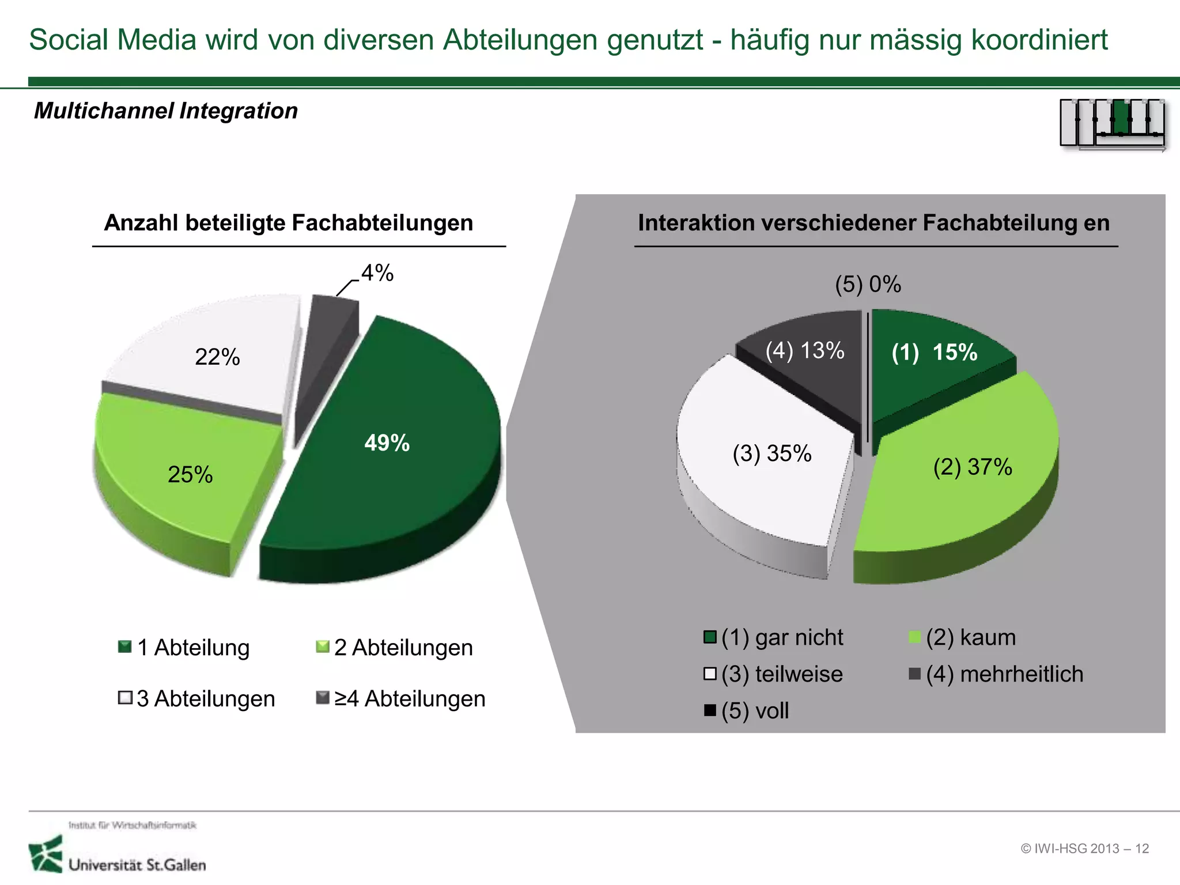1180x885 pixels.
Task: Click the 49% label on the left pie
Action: (387, 443)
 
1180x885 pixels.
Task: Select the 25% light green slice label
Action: (190, 475)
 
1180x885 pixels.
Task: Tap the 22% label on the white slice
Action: (217, 357)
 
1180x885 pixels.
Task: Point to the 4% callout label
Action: (377, 273)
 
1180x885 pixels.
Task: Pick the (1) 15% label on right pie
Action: (934, 352)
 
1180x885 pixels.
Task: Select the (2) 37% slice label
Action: (972, 467)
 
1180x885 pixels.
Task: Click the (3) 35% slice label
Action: (771, 453)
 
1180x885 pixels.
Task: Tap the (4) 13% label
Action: (804, 350)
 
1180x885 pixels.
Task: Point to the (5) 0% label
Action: (868, 284)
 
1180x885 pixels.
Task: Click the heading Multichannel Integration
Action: (166, 111)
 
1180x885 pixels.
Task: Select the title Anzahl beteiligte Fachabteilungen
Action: (288, 223)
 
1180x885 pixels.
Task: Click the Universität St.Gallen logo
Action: (118, 853)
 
